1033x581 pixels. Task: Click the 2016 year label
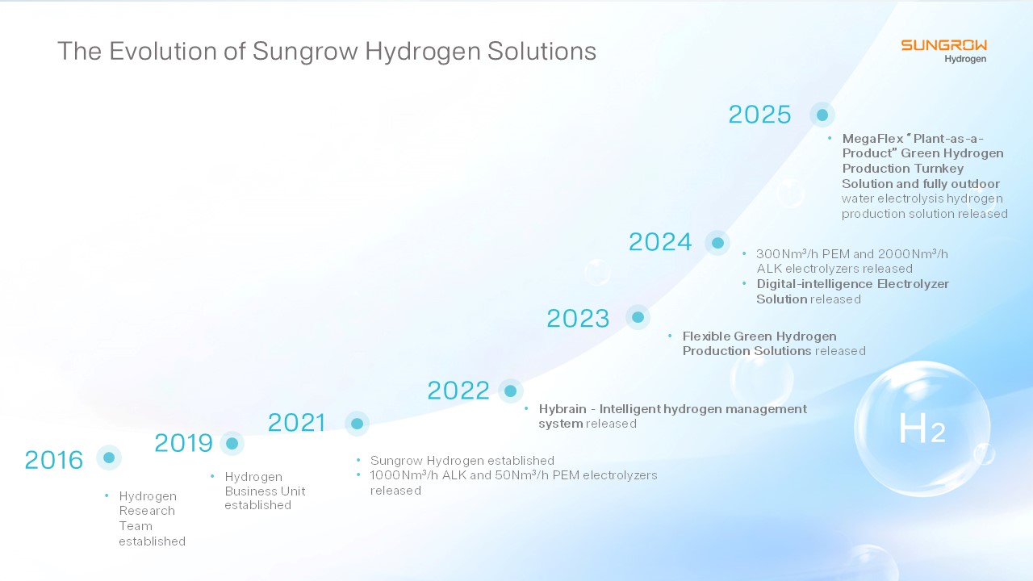coord(53,460)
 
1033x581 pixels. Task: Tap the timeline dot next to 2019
coord(232,443)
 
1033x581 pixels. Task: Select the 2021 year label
coord(296,422)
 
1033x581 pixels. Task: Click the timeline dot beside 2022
coord(511,391)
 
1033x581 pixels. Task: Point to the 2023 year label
coord(578,318)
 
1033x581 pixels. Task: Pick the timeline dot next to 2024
coord(717,243)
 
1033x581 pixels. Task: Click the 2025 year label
coord(759,115)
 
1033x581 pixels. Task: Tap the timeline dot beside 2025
coord(822,115)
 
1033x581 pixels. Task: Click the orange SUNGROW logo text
coord(944,45)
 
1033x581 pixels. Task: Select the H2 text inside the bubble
coord(922,428)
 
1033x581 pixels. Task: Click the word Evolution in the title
coord(163,51)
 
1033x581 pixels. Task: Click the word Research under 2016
coord(147,511)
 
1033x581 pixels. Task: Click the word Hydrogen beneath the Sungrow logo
coord(965,59)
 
